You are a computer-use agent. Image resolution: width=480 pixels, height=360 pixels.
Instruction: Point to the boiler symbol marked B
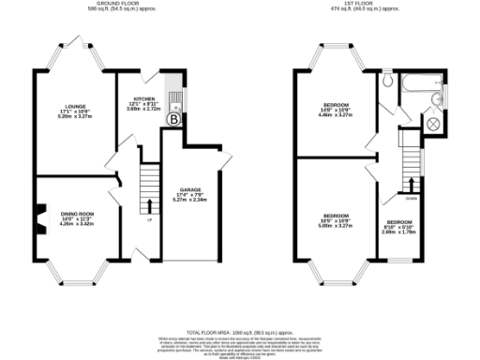[x=172, y=119]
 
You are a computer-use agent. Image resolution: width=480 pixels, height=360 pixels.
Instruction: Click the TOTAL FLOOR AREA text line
[x=240, y=333]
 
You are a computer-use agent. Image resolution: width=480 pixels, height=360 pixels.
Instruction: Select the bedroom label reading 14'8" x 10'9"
[x=337, y=108]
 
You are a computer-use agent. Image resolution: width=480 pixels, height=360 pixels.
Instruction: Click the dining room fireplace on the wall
[x=39, y=223]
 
